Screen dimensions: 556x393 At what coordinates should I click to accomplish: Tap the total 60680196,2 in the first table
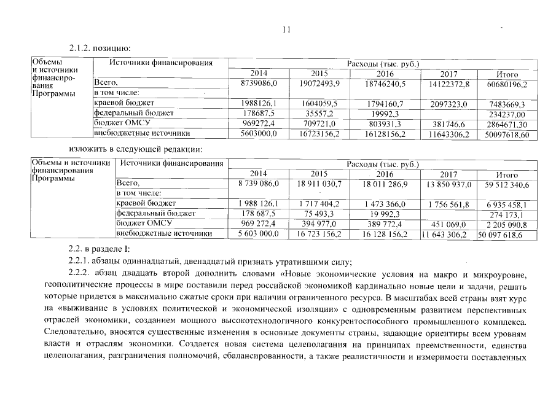507,83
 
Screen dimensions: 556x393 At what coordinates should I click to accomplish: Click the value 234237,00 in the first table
507,114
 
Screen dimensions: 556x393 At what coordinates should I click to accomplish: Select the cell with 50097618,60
507,134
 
